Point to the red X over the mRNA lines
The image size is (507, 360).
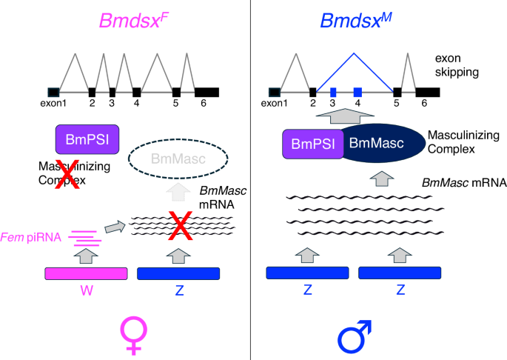pos(180,224)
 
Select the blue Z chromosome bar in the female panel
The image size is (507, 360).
pos(179,274)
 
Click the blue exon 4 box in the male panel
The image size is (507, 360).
pos(357,92)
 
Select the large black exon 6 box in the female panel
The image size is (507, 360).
pos(207,92)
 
